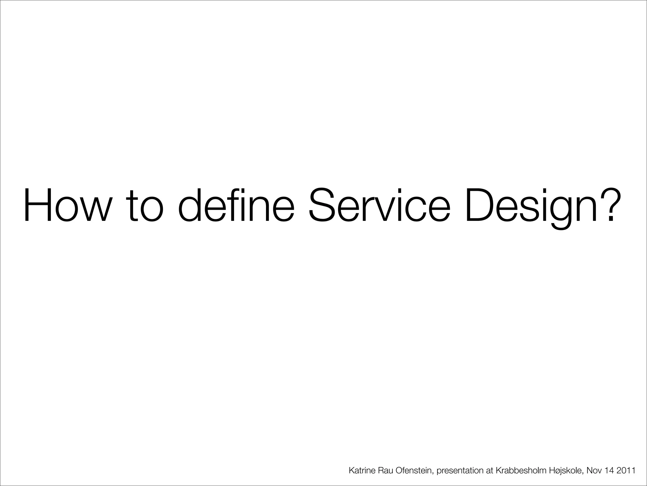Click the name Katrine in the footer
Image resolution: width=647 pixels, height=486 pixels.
[x=362, y=471]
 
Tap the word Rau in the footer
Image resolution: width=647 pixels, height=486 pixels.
[x=386, y=471]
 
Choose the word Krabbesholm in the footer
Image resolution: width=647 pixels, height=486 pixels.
[x=521, y=471]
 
